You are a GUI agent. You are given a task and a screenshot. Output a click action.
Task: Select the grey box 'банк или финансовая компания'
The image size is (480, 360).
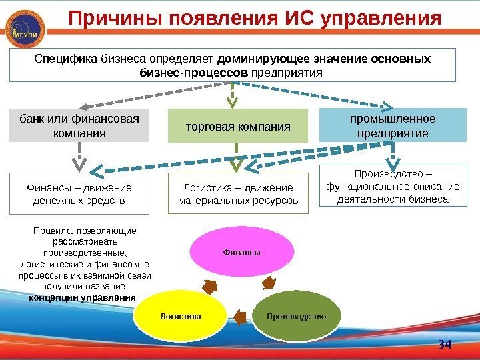[x=79, y=126]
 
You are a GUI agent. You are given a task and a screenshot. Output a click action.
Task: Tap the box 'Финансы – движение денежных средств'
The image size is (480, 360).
[x=79, y=193]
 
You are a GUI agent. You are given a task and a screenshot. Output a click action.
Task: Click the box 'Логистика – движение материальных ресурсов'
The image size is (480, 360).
[x=238, y=193]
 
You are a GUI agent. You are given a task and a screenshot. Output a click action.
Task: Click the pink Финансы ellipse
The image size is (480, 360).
[x=242, y=252]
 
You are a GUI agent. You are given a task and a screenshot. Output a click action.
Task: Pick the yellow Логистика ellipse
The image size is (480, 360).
[x=181, y=315]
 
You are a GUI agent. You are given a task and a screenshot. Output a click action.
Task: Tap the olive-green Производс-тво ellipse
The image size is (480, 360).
[x=297, y=315]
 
